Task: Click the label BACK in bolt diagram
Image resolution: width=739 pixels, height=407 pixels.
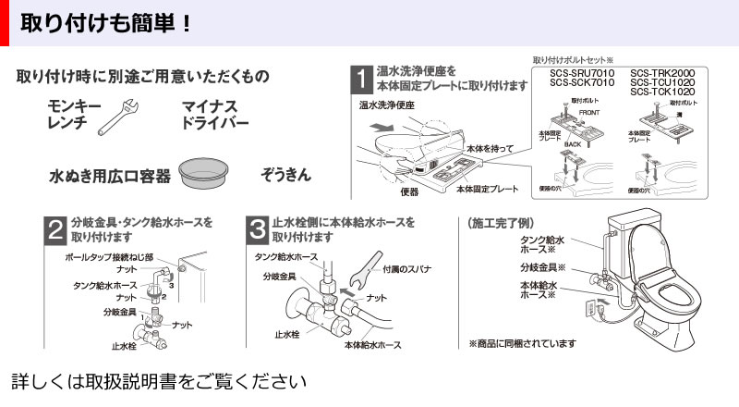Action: click(573, 146)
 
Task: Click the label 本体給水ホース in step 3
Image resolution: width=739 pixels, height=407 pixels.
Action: click(372, 344)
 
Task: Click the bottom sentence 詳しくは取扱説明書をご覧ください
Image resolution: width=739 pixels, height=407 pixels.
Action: click(157, 381)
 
